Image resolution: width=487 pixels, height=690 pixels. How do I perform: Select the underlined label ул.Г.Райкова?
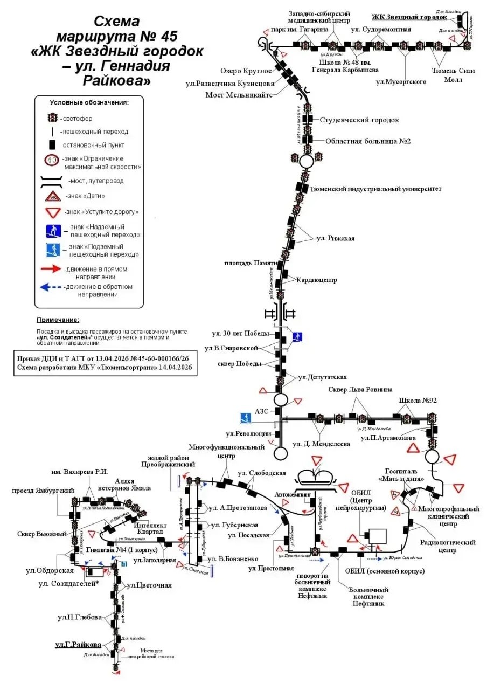(79, 645)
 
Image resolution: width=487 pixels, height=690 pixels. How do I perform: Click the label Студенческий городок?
(359, 120)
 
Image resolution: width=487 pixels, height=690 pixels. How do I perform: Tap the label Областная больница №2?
(368, 141)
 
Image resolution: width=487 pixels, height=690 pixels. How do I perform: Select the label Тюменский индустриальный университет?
(376, 189)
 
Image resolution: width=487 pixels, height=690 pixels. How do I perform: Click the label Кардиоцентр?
(317, 280)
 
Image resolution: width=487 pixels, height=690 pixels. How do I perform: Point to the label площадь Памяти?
(251, 263)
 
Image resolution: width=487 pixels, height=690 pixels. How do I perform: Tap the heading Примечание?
(58, 320)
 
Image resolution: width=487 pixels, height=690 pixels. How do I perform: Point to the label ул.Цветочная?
(149, 585)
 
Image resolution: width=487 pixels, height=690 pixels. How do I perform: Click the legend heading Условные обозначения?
(89, 102)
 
